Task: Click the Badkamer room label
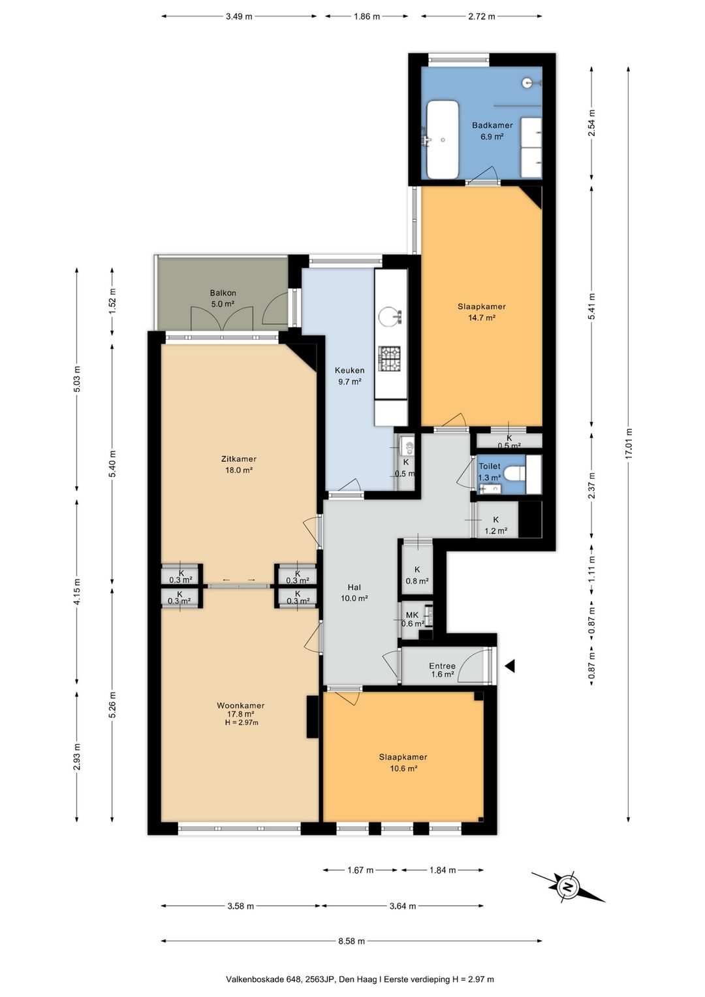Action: point(492,125)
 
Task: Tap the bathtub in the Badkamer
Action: point(443,140)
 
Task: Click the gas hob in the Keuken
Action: point(390,359)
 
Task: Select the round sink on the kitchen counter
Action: point(390,317)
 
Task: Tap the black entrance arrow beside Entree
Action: point(510,666)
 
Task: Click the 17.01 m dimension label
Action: point(628,444)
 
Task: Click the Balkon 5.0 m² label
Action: point(223,299)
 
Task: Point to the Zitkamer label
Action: point(239,459)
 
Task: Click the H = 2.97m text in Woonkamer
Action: point(242,723)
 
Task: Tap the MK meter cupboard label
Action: point(413,615)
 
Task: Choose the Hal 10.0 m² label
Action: point(354,593)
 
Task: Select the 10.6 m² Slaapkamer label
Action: point(403,768)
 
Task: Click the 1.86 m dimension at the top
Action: point(366,17)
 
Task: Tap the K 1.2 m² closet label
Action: point(495,525)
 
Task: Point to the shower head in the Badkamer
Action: point(528,82)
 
